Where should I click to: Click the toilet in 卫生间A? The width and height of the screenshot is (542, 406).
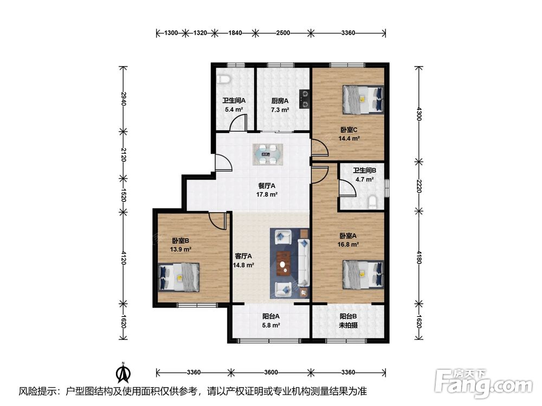pos(224,79)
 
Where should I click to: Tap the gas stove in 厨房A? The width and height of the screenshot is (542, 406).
pos(305,99)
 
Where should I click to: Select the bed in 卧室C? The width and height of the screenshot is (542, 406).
pos(363,100)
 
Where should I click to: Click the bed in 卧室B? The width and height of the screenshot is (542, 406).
pos(179,277)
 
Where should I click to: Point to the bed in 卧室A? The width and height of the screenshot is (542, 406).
pos(363,274)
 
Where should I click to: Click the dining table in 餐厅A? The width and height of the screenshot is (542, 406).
pos(268,154)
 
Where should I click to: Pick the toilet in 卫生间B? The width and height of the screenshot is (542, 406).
pos(373,201)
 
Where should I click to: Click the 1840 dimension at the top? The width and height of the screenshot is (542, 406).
pos(235,33)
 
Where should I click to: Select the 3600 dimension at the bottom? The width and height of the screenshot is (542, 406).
pos(270,372)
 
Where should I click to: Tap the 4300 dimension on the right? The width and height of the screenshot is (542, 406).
pos(420,114)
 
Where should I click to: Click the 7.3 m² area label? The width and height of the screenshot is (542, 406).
pos(280,110)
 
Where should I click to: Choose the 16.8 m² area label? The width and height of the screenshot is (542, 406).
pos(348,245)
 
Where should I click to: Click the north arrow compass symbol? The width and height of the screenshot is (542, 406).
pos(122,372)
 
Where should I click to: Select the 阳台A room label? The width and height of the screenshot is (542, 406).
pos(271,316)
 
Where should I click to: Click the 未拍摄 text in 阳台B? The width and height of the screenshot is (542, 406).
pos(348,325)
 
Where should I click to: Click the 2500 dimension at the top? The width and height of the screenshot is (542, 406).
pos(283,33)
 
